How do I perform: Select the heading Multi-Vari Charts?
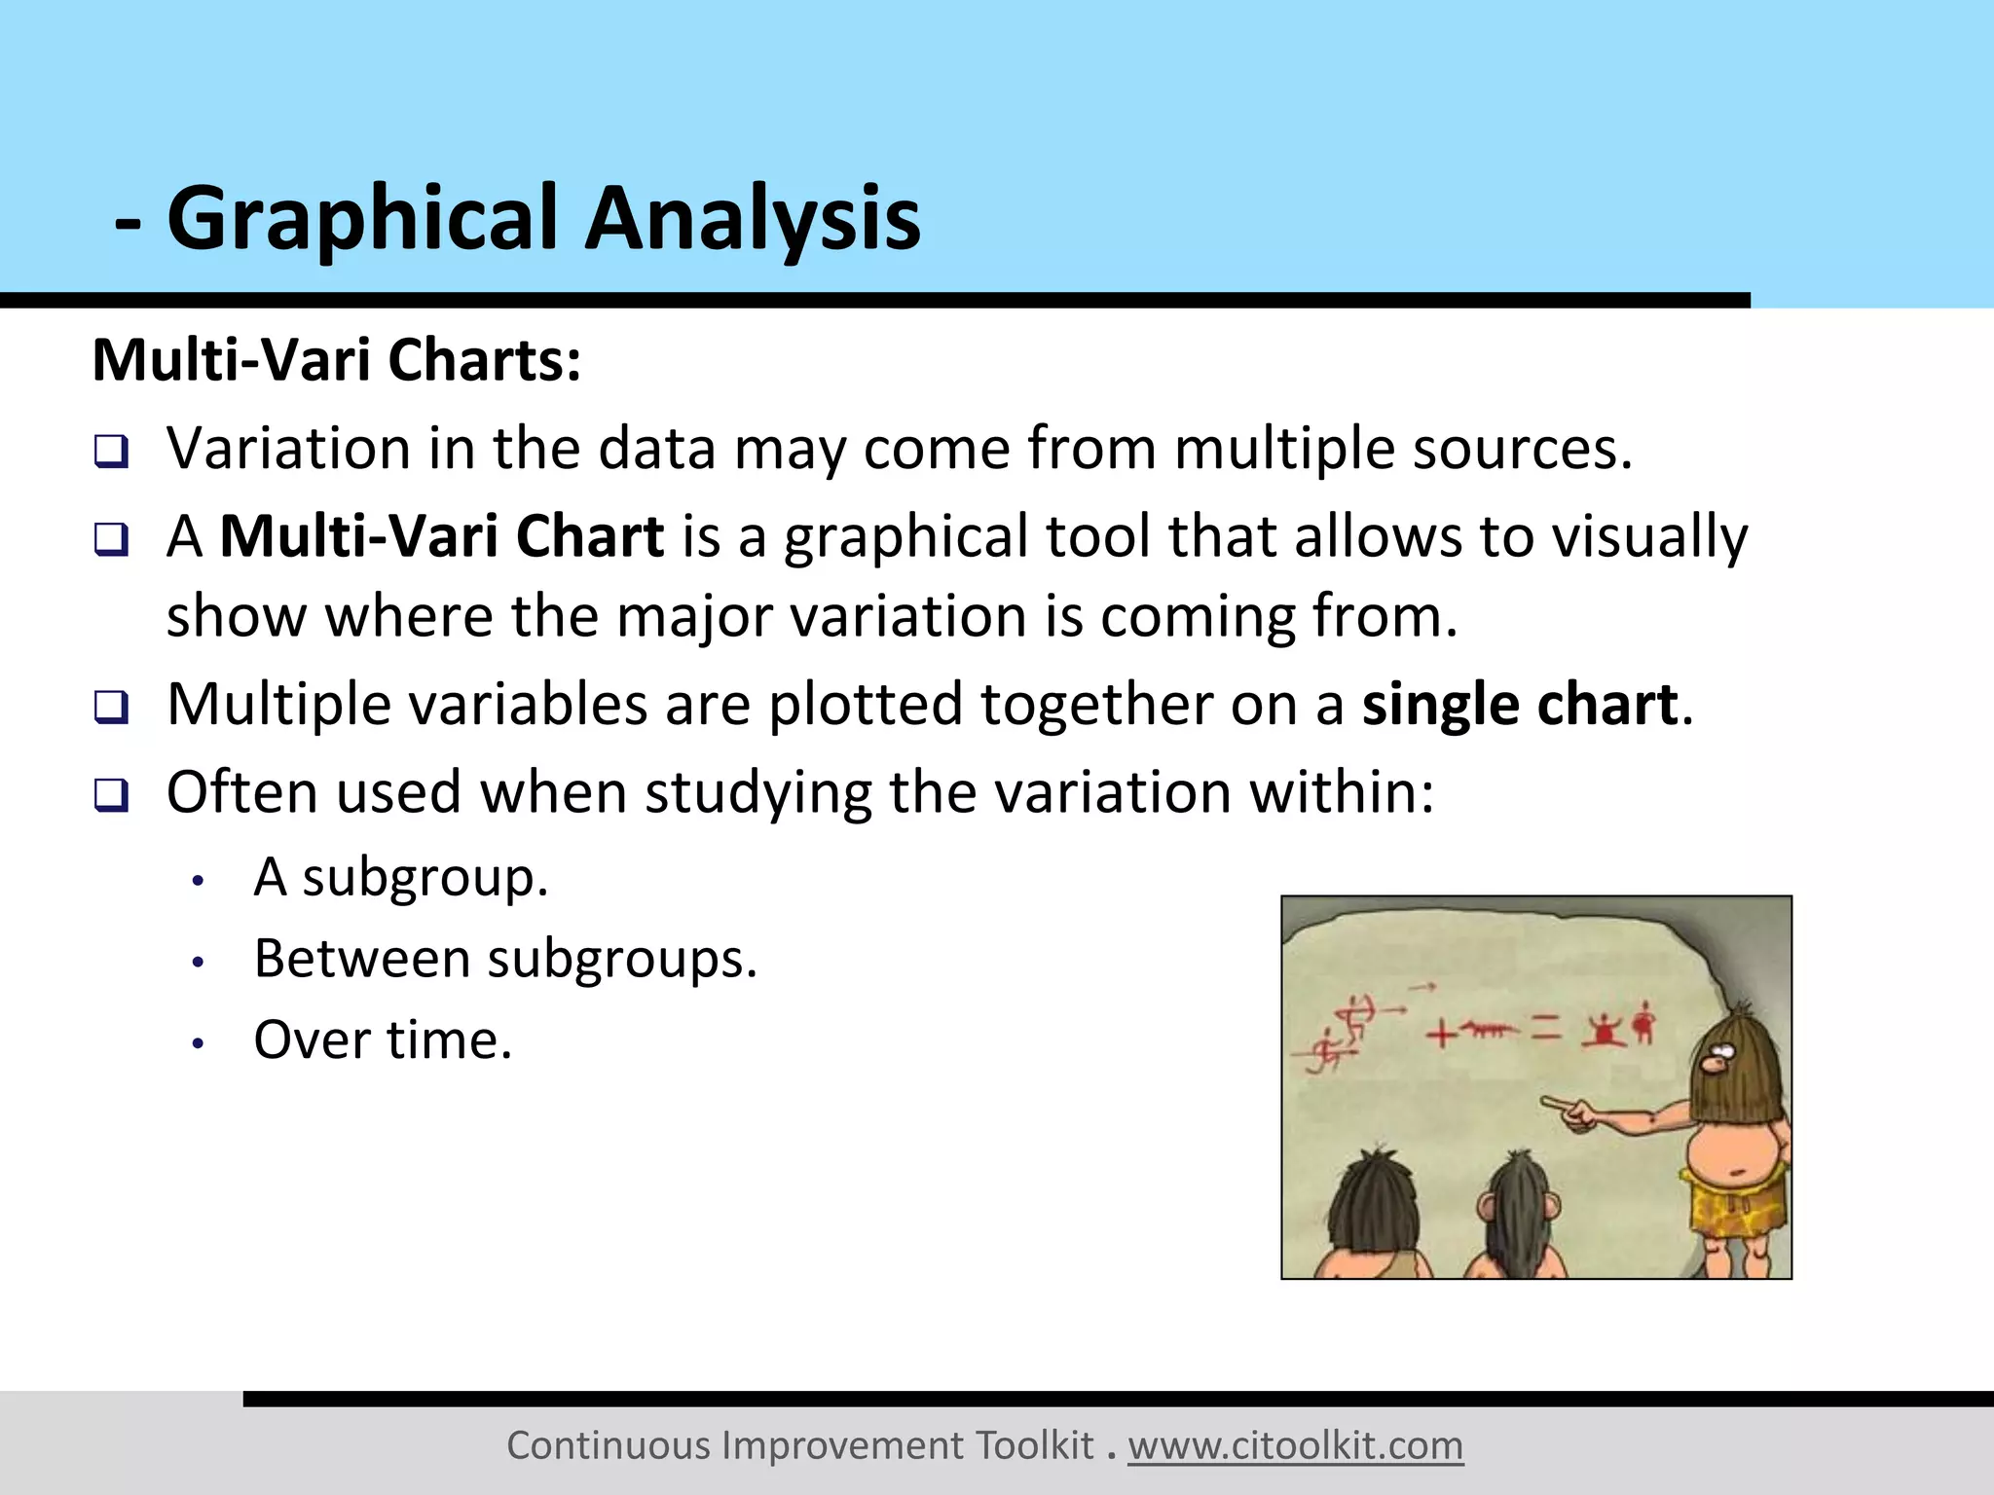click(337, 360)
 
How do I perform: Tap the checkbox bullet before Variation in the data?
click(111, 452)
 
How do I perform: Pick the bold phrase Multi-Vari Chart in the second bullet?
click(442, 536)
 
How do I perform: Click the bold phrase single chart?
click(1519, 705)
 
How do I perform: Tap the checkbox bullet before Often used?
click(111, 794)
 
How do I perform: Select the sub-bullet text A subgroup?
click(401, 878)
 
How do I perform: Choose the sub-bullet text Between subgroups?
click(505, 959)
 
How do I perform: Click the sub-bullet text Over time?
click(383, 1039)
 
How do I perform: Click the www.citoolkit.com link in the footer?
click(1295, 1445)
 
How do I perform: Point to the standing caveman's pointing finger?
click(1550, 1104)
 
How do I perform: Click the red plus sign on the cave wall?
click(1442, 1034)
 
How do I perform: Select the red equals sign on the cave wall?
click(1545, 1030)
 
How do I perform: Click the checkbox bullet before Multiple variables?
click(111, 707)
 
